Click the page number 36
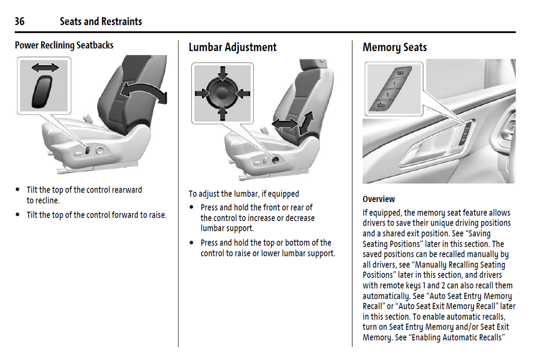[20, 21]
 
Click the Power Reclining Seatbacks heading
[64, 45]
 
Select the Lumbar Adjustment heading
[233, 47]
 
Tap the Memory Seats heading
[395, 47]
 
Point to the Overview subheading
[379, 199]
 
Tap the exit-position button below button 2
[381, 105]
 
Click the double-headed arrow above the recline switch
[45, 68]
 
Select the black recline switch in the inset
[42, 92]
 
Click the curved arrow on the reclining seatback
[144, 92]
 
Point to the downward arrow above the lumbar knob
[222, 73]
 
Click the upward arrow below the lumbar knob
[222, 113]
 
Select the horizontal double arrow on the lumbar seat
[285, 124]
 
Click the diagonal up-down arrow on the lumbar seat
[306, 123]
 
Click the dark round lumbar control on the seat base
[275, 160]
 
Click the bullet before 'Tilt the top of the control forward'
[17, 214]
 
